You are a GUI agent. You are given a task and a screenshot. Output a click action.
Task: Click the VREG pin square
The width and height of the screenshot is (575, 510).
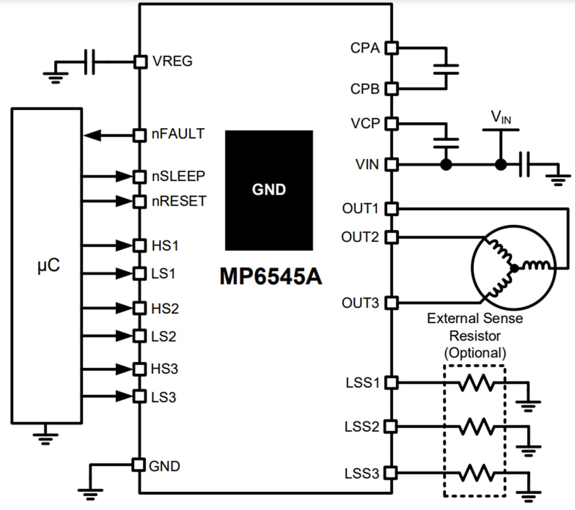[140, 61]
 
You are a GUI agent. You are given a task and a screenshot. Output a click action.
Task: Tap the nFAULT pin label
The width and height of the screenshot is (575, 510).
[178, 134]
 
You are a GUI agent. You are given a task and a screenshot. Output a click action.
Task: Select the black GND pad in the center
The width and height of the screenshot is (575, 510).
[269, 190]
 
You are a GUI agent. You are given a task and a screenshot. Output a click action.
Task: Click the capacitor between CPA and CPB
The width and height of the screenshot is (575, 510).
[446, 69]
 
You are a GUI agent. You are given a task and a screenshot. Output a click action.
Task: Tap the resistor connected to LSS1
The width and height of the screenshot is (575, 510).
[476, 382]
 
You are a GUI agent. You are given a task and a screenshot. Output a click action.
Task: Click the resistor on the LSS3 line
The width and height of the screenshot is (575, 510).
[476, 474]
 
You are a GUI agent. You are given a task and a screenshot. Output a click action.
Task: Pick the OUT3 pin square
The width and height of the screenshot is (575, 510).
[391, 303]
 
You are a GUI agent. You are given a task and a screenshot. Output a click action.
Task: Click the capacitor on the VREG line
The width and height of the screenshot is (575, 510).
[89, 61]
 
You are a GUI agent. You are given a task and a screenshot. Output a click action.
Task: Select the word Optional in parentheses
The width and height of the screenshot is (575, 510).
[475, 352]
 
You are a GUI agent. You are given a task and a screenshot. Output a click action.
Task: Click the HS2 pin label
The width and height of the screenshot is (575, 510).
[165, 309]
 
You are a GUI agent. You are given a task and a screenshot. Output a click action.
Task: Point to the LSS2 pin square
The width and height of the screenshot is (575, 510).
[391, 426]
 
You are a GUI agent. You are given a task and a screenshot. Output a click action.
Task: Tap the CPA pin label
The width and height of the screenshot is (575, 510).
[365, 48]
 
